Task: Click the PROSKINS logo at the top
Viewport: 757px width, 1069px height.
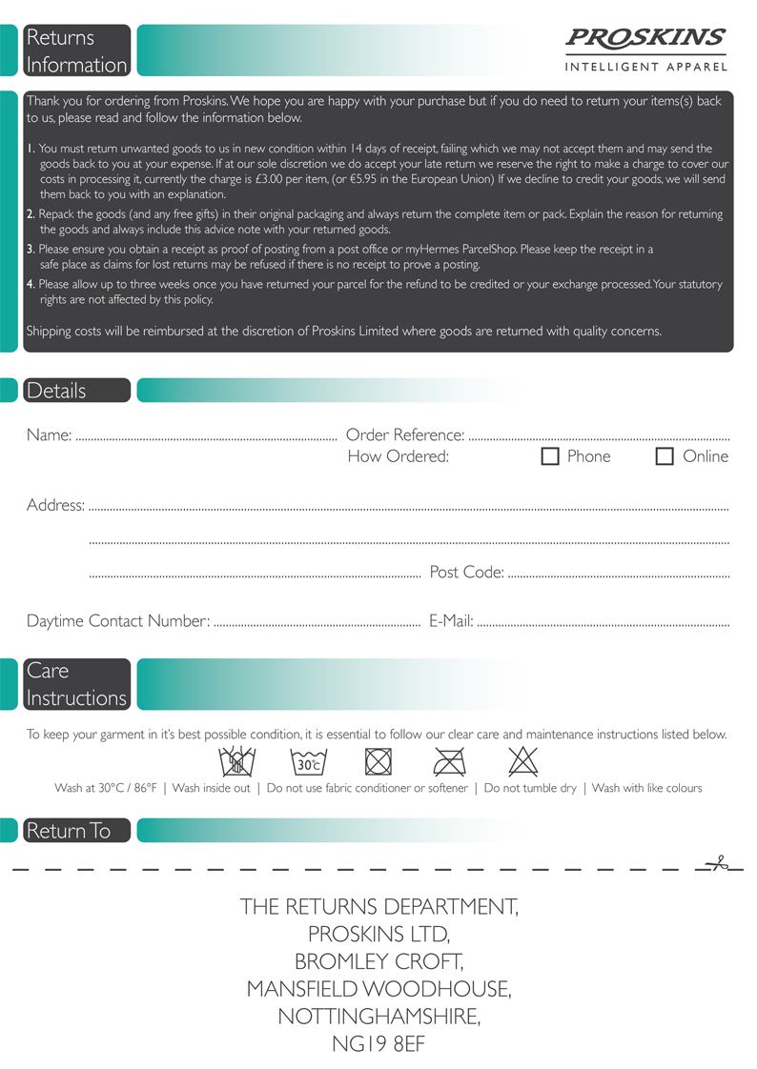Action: coord(645,39)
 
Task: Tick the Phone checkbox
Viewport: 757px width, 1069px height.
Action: coord(550,456)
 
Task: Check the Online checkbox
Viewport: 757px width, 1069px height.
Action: coord(665,456)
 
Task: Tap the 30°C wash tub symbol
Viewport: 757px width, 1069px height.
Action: coord(308,762)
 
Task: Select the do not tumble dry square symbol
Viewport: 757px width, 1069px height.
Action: coord(378,762)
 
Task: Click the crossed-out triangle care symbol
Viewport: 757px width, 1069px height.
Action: coord(523,761)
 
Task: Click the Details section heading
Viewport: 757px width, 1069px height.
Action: coord(57,391)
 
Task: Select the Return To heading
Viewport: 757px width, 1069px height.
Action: coord(69,831)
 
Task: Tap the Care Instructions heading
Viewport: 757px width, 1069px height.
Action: coord(76,684)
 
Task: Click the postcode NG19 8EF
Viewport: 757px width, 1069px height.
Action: coord(378,1043)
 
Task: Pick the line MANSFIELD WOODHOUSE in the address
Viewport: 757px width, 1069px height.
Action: coord(378,989)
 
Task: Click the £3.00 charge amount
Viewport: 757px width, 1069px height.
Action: coord(552,179)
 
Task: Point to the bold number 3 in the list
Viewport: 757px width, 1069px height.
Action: coord(31,249)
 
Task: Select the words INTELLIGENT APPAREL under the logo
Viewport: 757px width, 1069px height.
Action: coord(645,67)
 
